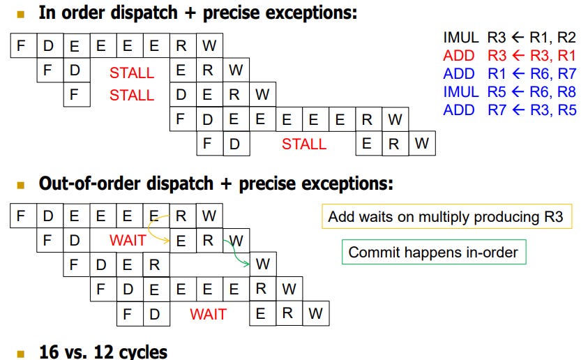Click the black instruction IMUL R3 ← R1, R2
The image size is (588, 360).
509,38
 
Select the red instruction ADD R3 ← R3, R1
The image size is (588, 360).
509,56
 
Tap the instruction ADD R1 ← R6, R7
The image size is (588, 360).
509,74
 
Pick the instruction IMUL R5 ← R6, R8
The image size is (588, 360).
509,92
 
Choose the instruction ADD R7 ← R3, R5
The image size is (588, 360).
509,110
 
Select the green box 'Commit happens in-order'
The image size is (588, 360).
433,252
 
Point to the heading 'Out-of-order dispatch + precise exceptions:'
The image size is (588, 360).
216,184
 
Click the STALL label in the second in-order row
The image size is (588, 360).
132,72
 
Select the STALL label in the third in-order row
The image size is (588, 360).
132,95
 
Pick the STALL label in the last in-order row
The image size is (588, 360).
304,144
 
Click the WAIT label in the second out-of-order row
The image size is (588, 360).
128,241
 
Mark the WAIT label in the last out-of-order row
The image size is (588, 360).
208,314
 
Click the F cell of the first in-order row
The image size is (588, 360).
21,47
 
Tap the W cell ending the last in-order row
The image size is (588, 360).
421,144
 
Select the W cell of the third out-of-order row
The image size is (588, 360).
262,264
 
